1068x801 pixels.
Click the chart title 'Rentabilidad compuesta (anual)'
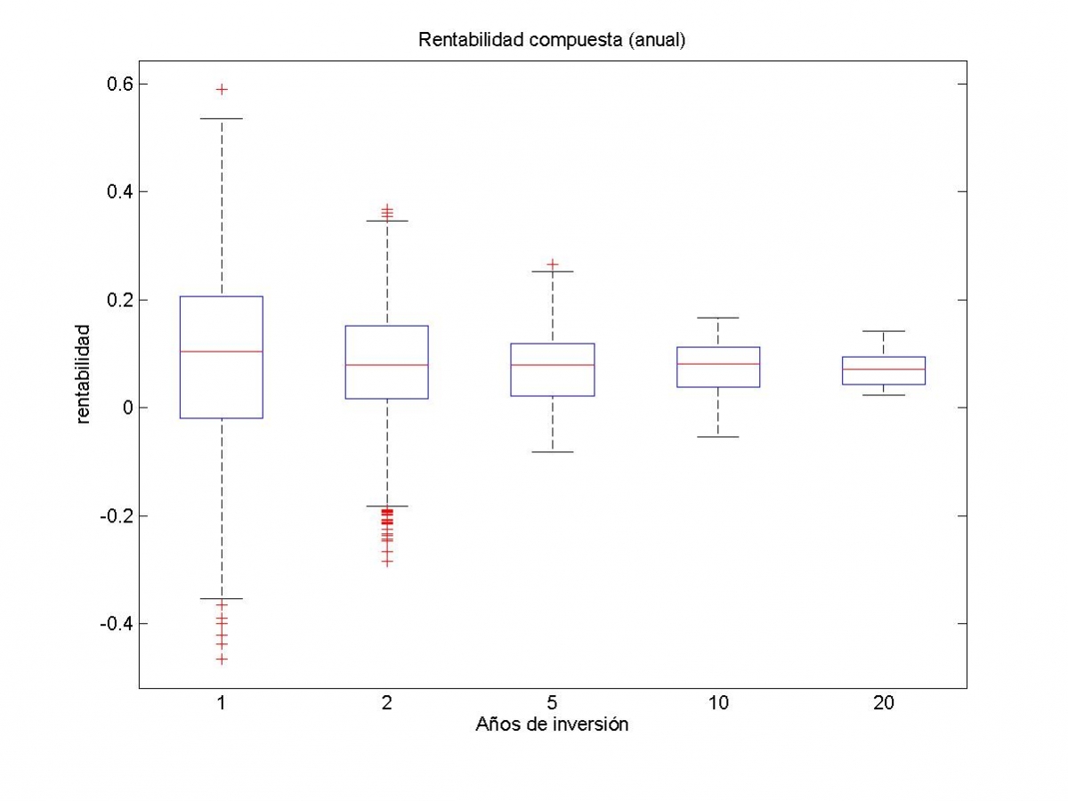pyautogui.click(x=552, y=41)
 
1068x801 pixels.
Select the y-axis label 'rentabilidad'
pyautogui.click(x=83, y=374)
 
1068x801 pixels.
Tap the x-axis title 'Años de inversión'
pyautogui.click(x=552, y=724)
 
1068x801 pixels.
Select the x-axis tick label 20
pyautogui.click(x=884, y=703)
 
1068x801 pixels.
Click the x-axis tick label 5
pyautogui.click(x=553, y=703)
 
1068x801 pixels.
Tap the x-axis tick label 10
pyautogui.click(x=718, y=703)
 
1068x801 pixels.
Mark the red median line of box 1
pyautogui.click(x=222, y=352)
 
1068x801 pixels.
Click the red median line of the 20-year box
pyautogui.click(x=884, y=368)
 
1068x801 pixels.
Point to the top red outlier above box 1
pyautogui.click(x=222, y=89)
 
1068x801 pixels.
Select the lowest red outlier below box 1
pyautogui.click(x=222, y=659)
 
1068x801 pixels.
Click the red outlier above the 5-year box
pyautogui.click(x=553, y=264)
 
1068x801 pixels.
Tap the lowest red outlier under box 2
pyautogui.click(x=387, y=562)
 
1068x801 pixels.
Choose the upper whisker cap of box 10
pyautogui.click(x=718, y=318)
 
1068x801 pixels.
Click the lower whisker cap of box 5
pyautogui.click(x=553, y=452)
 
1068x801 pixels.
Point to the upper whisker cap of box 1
pyautogui.click(x=222, y=118)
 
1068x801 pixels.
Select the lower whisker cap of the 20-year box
pyautogui.click(x=884, y=394)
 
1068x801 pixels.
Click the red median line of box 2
pyautogui.click(x=387, y=365)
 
